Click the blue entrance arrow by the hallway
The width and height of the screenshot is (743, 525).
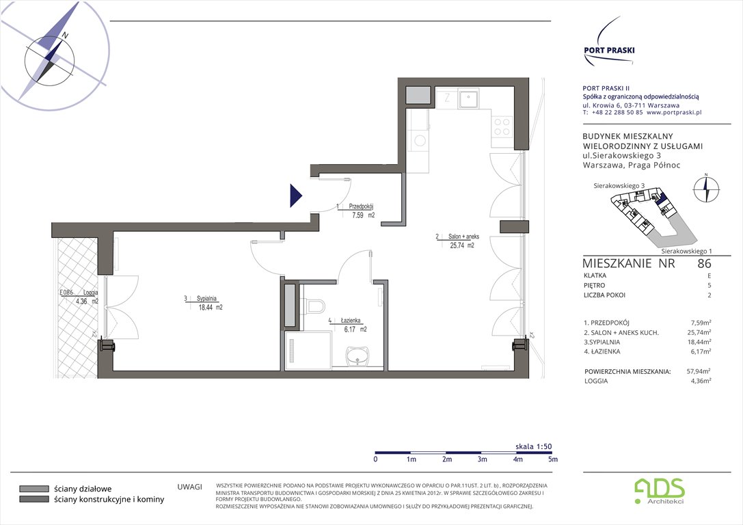[295, 196]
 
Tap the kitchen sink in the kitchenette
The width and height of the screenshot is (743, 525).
[468, 100]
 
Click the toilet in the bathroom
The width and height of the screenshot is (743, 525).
[316, 306]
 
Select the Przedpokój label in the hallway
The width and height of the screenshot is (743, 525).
[360, 206]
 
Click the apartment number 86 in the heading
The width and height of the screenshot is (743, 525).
[703, 262]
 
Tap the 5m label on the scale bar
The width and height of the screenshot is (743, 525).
[552, 459]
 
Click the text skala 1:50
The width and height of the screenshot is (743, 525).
[533, 446]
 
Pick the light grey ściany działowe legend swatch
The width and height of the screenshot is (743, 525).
[33, 489]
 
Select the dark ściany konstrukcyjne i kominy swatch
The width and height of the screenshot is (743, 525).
[33, 500]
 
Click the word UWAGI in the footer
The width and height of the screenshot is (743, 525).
[189, 487]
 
